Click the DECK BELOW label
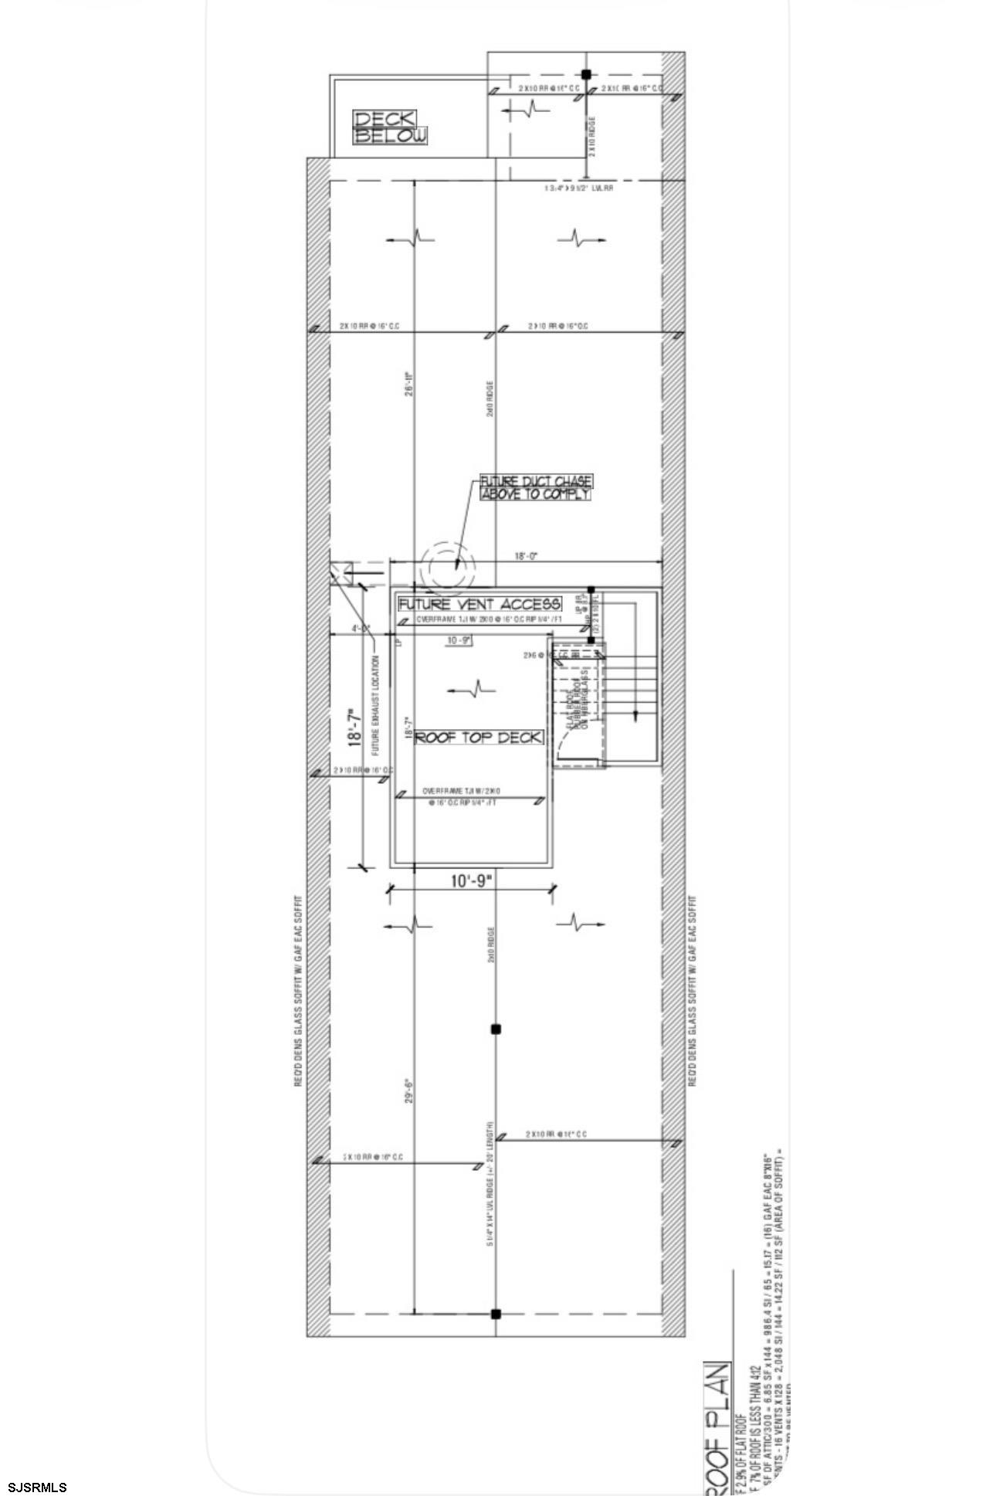click(390, 127)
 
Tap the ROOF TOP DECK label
click(479, 737)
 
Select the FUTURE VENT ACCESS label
click(479, 603)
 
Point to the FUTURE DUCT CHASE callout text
click(537, 487)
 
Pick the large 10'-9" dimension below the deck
click(471, 880)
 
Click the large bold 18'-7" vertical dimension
click(355, 728)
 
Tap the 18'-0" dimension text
click(526, 555)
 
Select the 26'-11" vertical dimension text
click(410, 384)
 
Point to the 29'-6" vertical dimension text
click(410, 1090)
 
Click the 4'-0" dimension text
click(361, 628)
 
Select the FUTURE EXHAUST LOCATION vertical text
click(375, 705)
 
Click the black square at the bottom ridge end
click(496, 1314)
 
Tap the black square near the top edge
click(586, 75)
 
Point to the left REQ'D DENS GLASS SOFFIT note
click(297, 991)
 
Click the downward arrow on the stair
click(635, 715)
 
